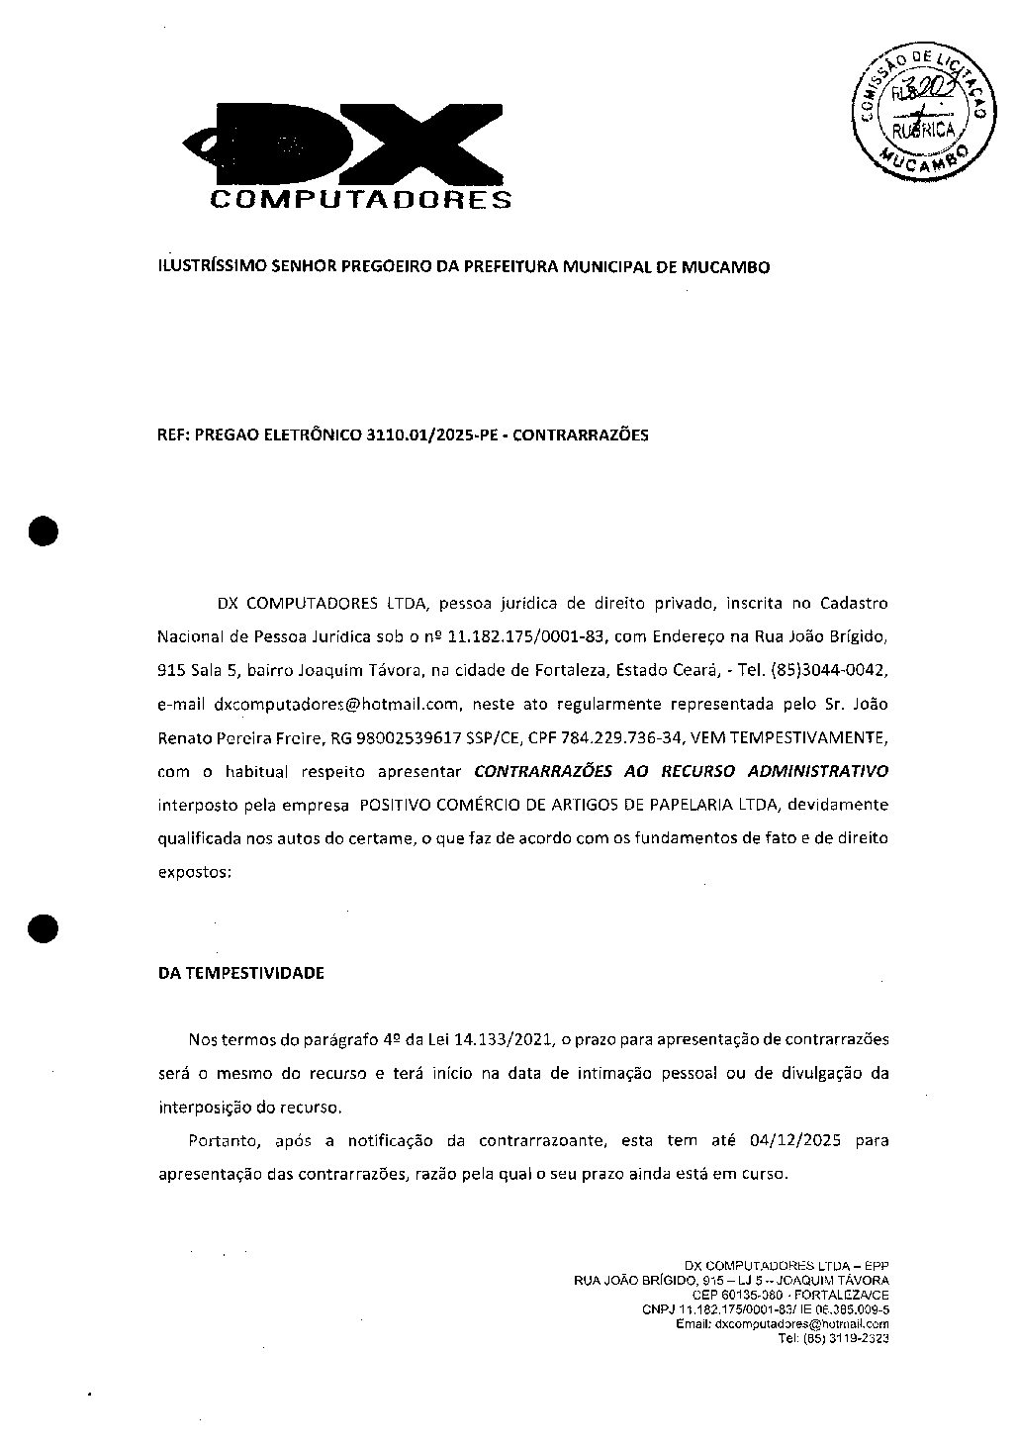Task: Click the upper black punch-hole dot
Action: (44, 532)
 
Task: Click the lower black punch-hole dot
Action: (44, 927)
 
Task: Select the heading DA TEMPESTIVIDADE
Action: (240, 973)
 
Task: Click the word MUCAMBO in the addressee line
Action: (726, 266)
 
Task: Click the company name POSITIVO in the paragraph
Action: (393, 804)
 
